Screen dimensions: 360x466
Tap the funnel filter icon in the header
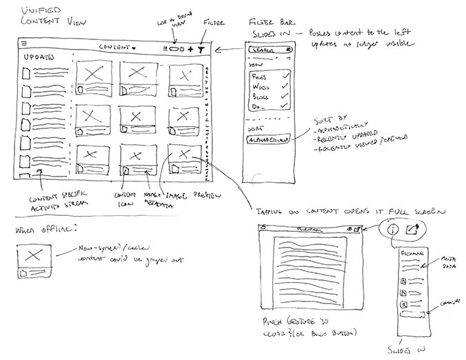point(201,49)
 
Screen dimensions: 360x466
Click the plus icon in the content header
point(190,50)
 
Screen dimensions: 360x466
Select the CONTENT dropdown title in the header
point(117,48)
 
